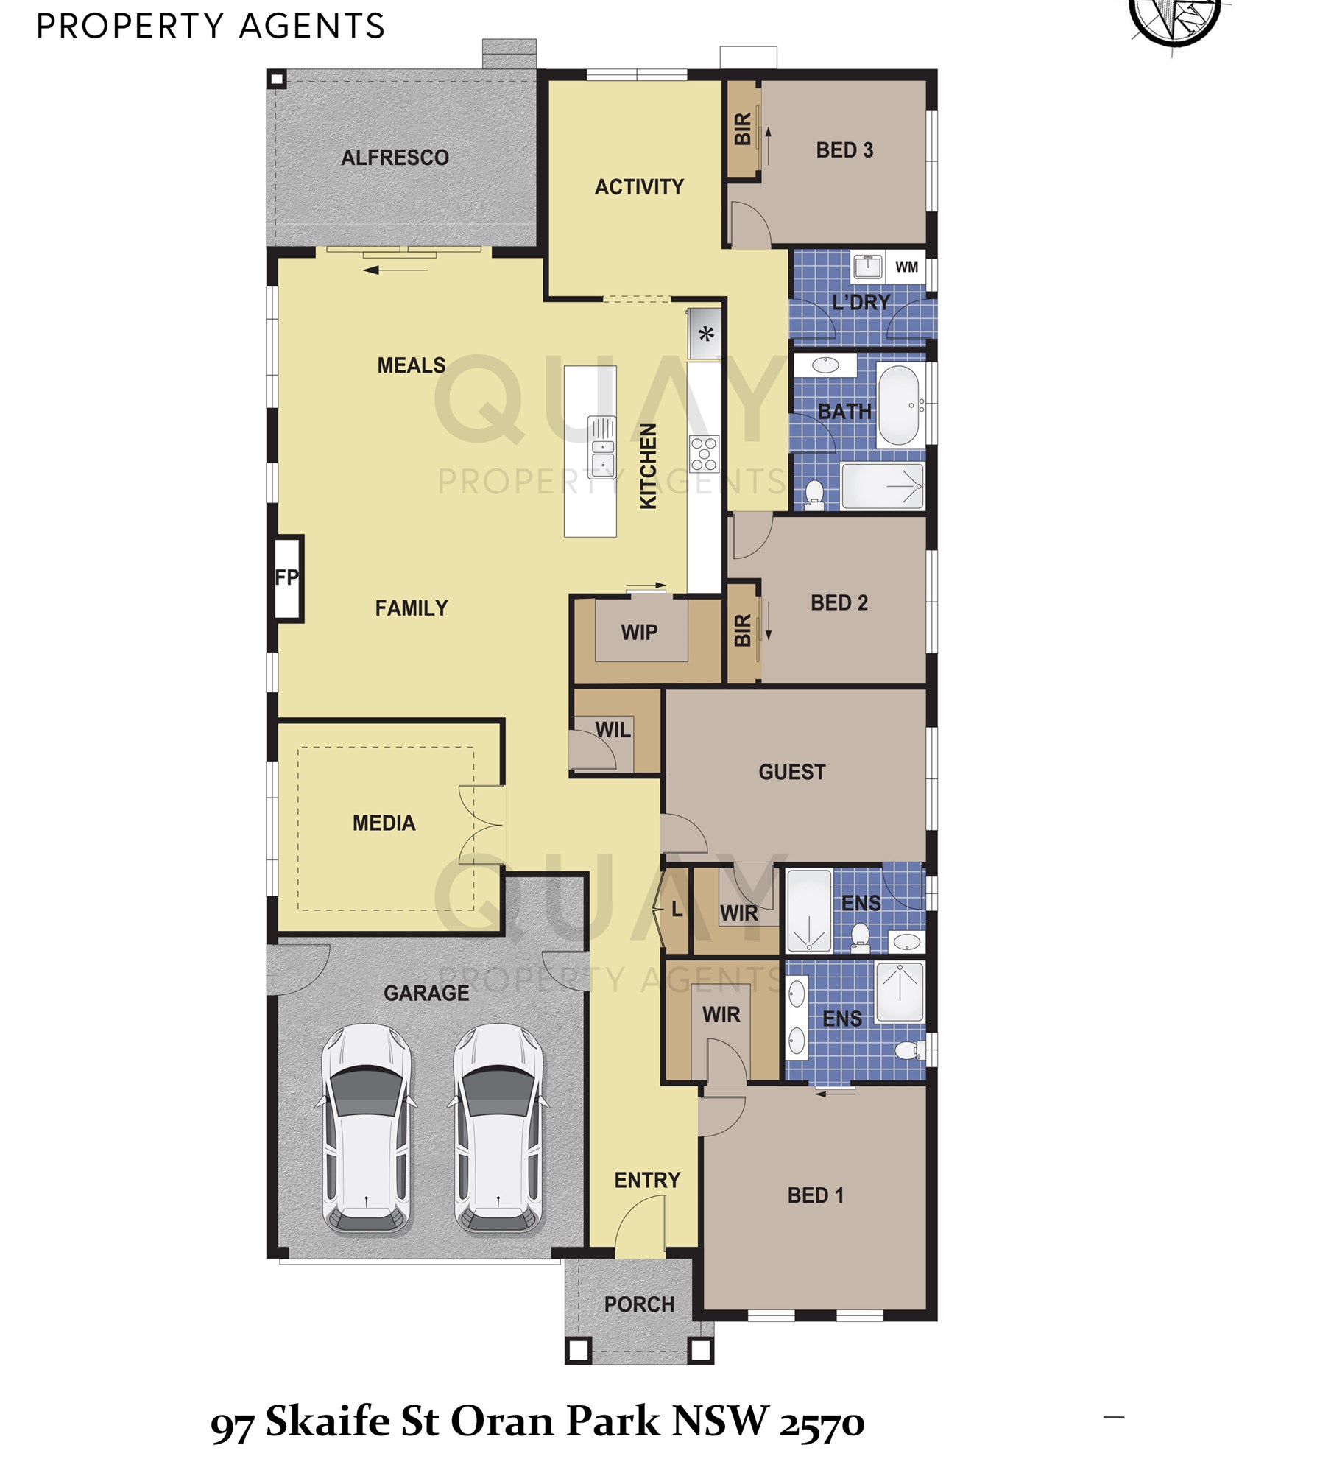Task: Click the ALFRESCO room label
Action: coord(395,158)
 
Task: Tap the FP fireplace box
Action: coord(287,578)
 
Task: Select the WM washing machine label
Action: coord(907,267)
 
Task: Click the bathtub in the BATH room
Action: coord(899,405)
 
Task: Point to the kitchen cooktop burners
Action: coord(704,454)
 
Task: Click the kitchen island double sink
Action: coord(602,447)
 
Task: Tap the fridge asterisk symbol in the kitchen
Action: coord(706,335)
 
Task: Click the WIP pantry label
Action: coord(639,633)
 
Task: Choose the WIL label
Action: coord(613,730)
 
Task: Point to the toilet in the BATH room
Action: coord(814,493)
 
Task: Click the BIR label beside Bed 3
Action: coord(743,129)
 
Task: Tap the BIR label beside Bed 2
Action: coord(743,630)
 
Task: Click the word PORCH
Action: coord(639,1305)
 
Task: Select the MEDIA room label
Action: coord(384,823)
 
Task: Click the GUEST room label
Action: coord(792,773)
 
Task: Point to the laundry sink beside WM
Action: coord(868,266)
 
